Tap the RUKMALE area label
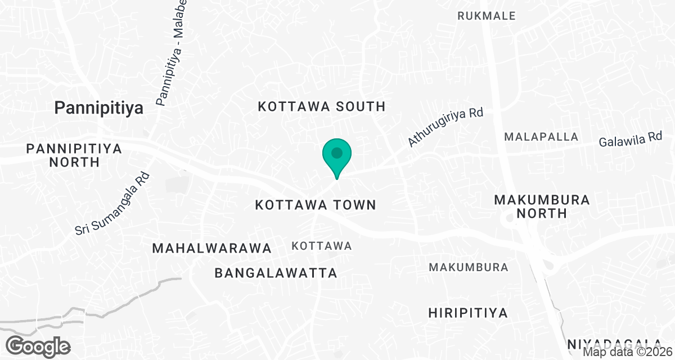487,16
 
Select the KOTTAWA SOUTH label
321,106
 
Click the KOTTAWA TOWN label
316,205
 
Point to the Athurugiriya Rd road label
445,128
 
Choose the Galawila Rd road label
631,139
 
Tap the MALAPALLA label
541,137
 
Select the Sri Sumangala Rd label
112,204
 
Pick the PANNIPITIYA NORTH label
74,155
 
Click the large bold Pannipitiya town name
99,108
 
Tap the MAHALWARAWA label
212,248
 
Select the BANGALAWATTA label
276,273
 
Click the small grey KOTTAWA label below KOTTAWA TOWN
322,246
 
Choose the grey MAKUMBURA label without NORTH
469,267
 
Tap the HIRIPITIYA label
468,313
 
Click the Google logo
38,345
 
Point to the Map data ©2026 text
628,352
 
